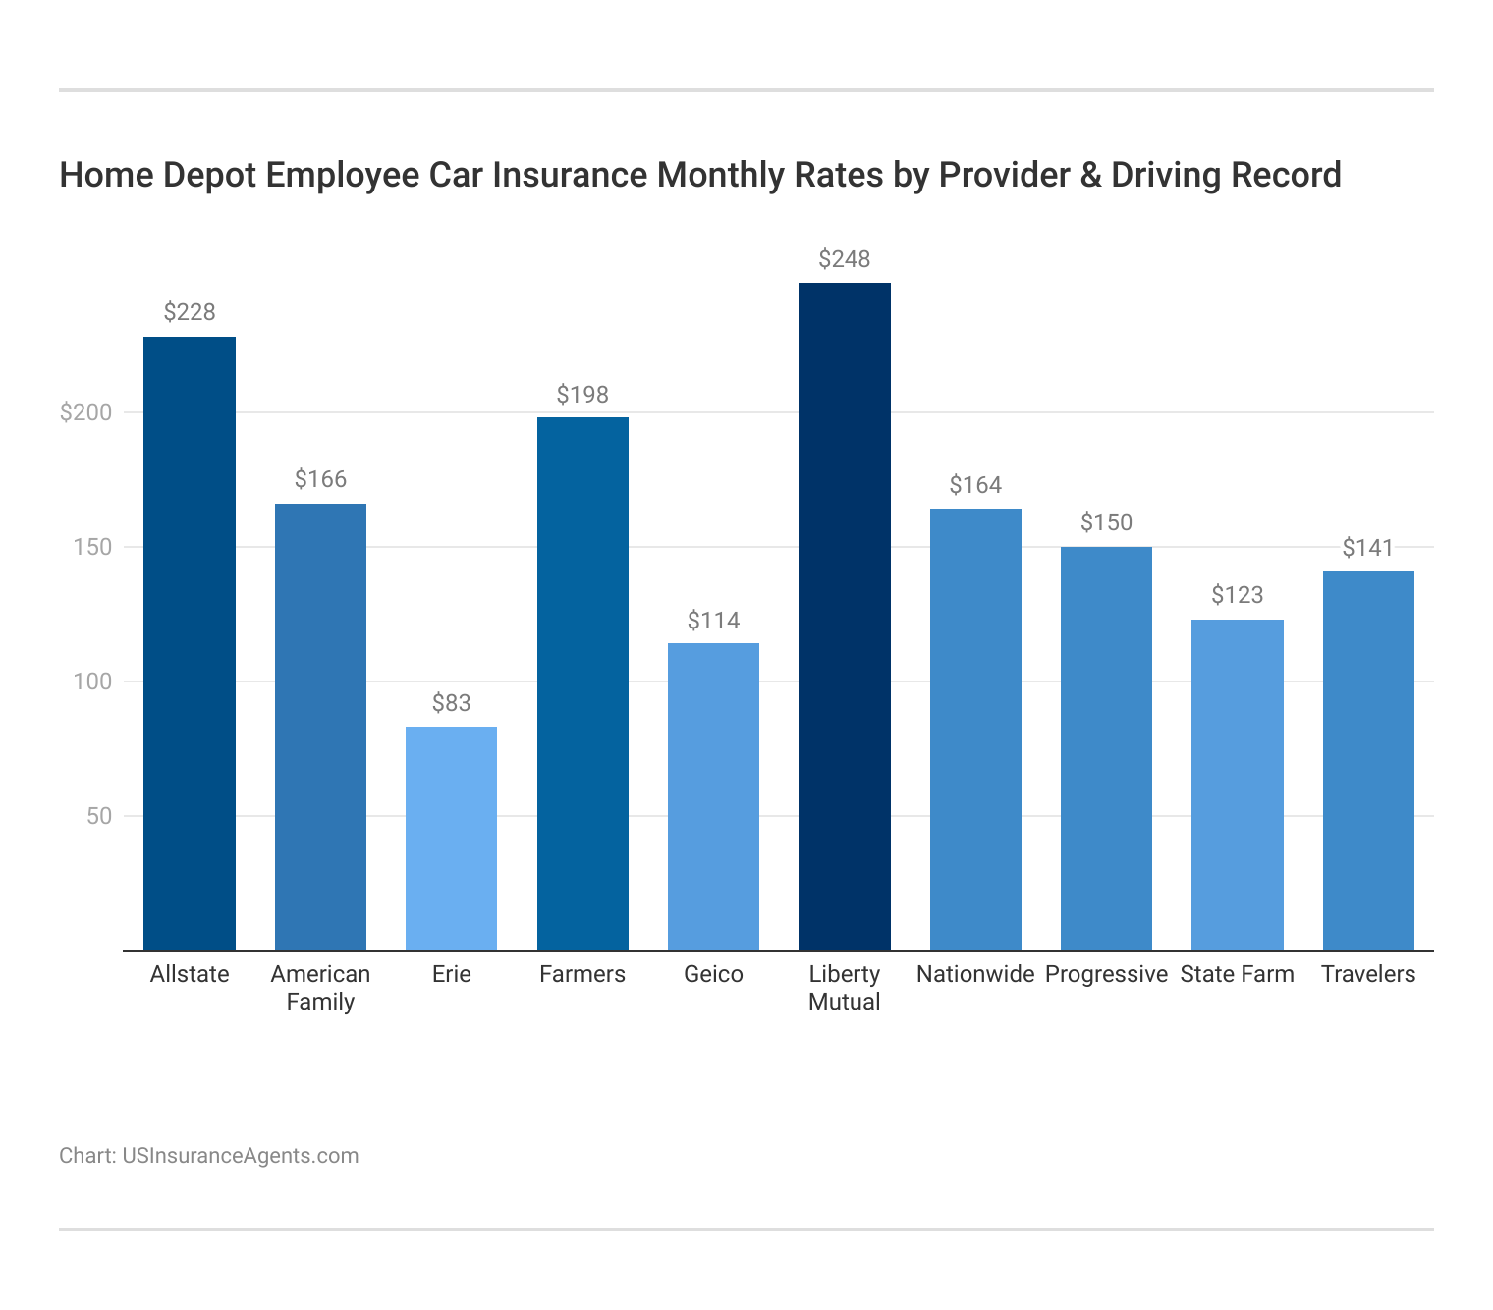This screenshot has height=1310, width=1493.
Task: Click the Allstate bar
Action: [x=190, y=643]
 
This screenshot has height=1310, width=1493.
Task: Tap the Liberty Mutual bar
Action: [x=845, y=616]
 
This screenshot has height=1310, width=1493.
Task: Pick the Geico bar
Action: [x=713, y=796]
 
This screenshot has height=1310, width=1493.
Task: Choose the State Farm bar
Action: [x=1238, y=785]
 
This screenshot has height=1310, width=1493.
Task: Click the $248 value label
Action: [x=845, y=259]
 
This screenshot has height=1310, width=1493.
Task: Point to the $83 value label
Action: [x=452, y=703]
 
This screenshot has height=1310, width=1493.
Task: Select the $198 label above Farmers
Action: [x=582, y=395]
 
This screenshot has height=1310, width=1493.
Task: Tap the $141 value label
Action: [x=1368, y=548]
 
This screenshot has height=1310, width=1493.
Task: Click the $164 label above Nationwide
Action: [x=975, y=485]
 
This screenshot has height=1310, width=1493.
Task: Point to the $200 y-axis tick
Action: [x=86, y=412]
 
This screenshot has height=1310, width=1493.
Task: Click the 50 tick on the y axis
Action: [x=99, y=816]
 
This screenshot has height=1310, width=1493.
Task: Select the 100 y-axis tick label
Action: [x=93, y=682]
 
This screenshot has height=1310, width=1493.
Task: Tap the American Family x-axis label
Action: [x=320, y=988]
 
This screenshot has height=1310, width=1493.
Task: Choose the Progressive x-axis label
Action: [x=1106, y=974]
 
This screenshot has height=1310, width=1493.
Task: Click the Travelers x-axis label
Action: [x=1368, y=974]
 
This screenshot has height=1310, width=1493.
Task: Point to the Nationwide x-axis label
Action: [x=975, y=974]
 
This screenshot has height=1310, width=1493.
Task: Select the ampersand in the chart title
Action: [x=918, y=175]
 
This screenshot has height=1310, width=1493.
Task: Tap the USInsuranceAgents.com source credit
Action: [x=240, y=1155]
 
